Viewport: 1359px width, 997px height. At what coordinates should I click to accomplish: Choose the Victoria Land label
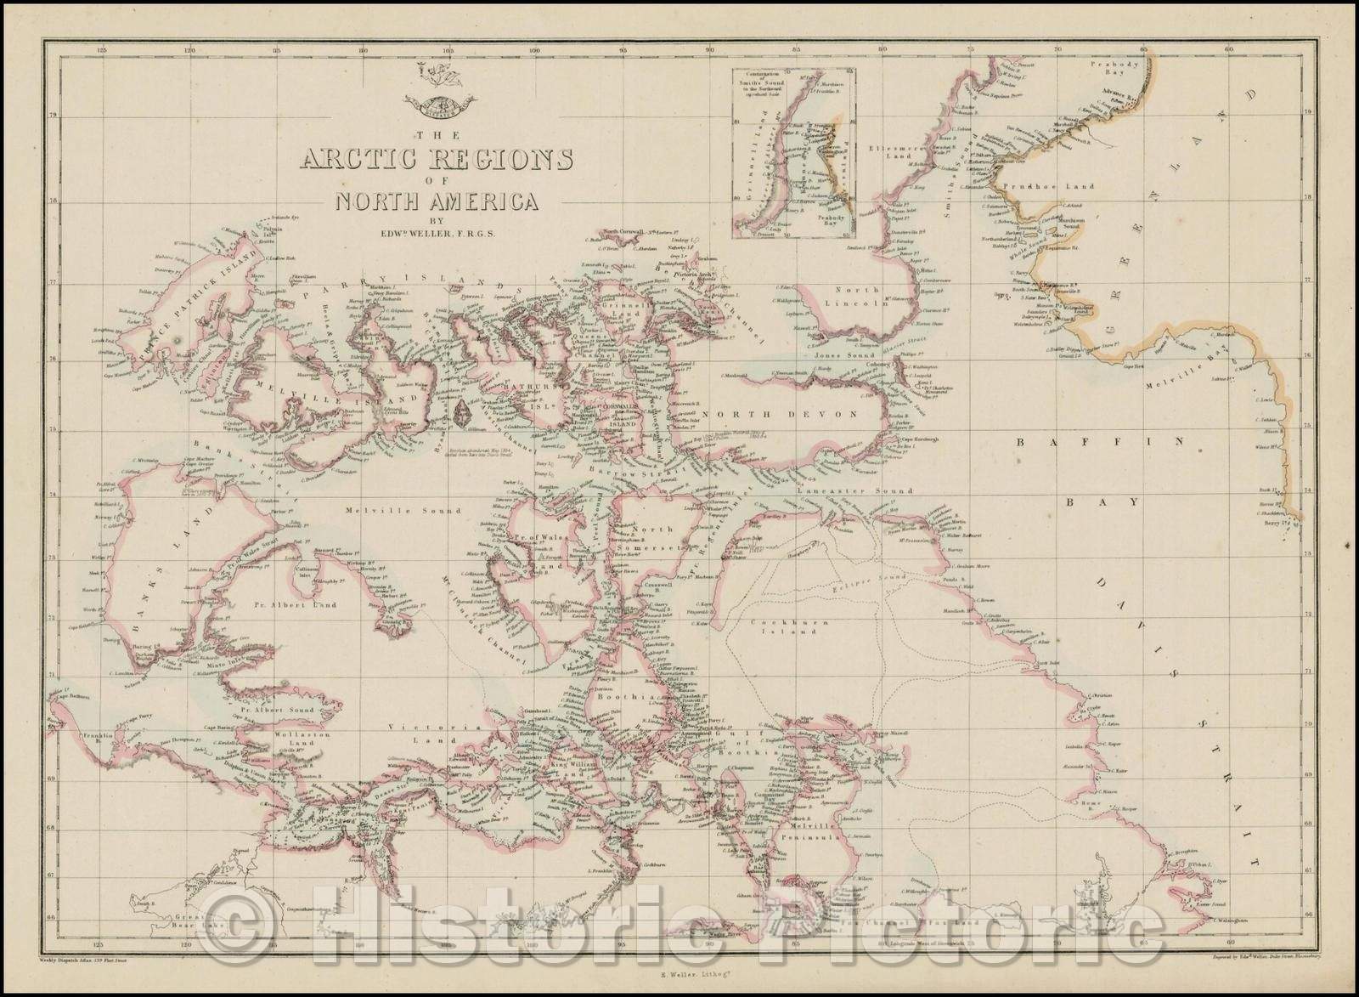(433, 733)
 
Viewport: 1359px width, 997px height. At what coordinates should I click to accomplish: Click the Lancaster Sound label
(866, 490)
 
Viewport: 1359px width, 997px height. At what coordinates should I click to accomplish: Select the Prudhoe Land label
(1047, 185)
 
